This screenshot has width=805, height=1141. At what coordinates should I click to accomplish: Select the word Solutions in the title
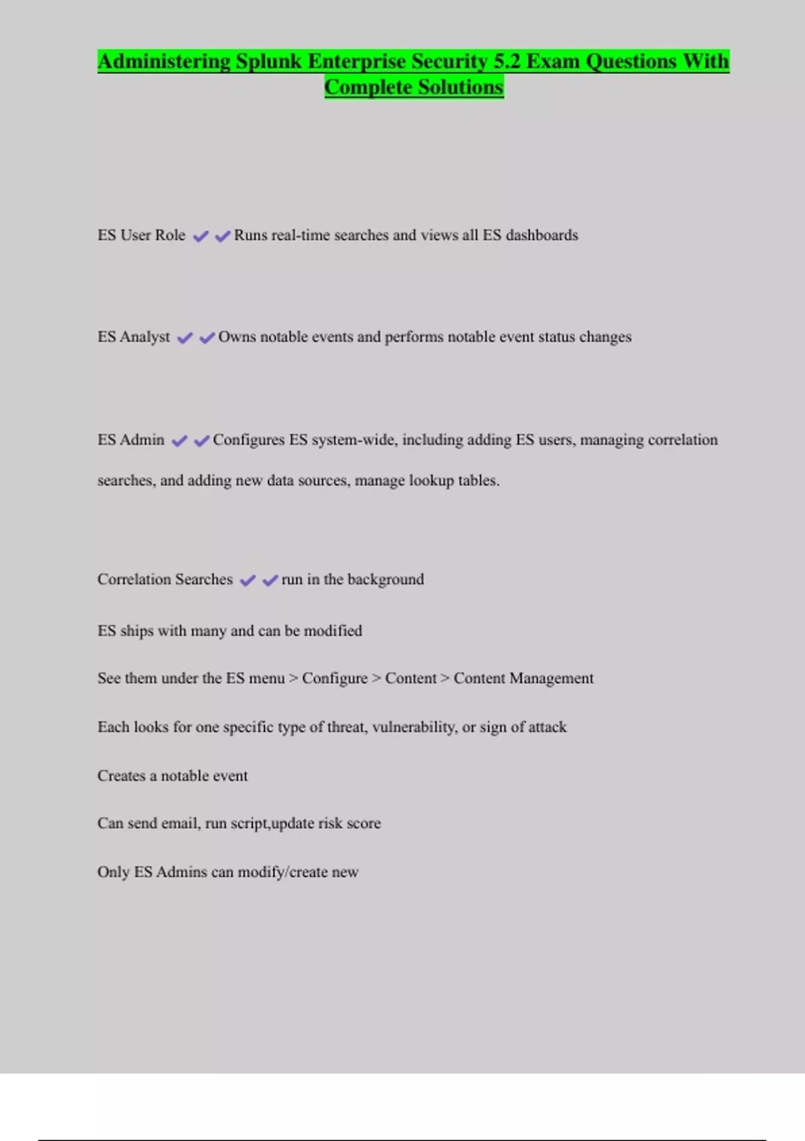pyautogui.click(x=460, y=87)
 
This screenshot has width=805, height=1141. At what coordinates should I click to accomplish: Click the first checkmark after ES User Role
pyautogui.click(x=200, y=236)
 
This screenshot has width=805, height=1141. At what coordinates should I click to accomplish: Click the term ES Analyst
pyautogui.click(x=133, y=337)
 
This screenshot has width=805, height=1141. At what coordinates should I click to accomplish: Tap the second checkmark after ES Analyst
pyautogui.click(x=207, y=338)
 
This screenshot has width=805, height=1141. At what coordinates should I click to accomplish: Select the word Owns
pyautogui.click(x=237, y=337)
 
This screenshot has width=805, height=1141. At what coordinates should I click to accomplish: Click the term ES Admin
pyautogui.click(x=131, y=440)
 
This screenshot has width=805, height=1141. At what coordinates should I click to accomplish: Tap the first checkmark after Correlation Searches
pyautogui.click(x=248, y=581)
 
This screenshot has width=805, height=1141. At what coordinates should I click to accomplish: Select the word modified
pyautogui.click(x=333, y=631)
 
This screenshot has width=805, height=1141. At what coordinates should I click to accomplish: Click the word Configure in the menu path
pyautogui.click(x=335, y=679)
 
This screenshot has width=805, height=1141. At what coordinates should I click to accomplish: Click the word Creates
pyautogui.click(x=121, y=776)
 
